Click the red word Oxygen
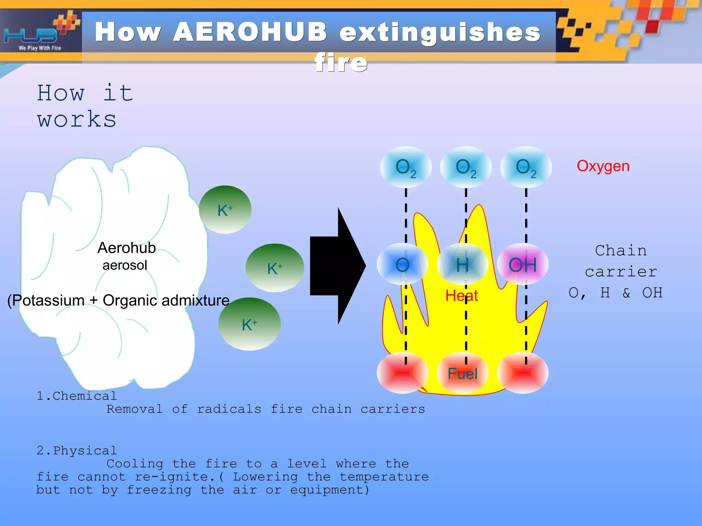(603, 166)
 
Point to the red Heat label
(461, 296)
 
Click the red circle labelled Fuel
(462, 373)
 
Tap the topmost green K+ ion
(225, 210)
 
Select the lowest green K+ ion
(250, 324)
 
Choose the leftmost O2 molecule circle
(406, 167)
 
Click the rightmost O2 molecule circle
(526, 167)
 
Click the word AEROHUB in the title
(250, 33)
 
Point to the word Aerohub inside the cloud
(126, 248)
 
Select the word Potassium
(48, 301)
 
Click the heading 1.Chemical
(77, 396)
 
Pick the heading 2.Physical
(77, 451)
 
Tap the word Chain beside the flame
(621, 251)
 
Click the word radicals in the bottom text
(229, 409)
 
